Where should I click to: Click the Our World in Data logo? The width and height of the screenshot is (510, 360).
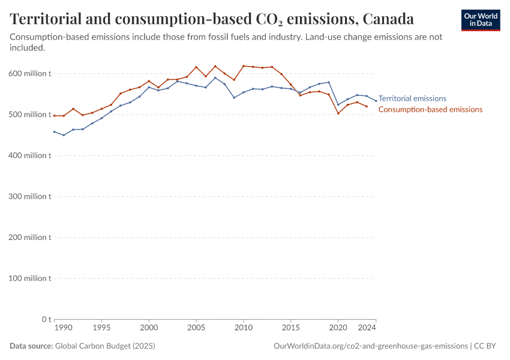click(480, 20)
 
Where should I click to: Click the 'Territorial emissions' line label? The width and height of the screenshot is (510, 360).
click(412, 98)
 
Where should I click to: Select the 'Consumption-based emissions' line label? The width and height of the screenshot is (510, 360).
click(430, 109)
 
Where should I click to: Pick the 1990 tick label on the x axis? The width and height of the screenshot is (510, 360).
click(63, 328)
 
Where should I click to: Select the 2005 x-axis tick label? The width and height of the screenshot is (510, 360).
click(196, 328)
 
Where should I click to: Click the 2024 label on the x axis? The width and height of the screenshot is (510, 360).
click(367, 328)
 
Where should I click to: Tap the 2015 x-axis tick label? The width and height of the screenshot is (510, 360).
click(291, 328)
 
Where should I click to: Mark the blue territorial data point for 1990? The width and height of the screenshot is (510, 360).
click(54, 131)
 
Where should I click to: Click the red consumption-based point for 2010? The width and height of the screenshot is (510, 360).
click(244, 66)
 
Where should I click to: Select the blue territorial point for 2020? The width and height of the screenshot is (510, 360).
click(338, 105)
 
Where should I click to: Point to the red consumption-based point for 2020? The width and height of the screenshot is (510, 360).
click(338, 113)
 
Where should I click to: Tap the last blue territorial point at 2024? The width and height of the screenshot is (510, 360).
click(376, 101)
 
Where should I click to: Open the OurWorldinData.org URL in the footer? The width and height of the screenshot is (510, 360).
click(370, 346)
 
